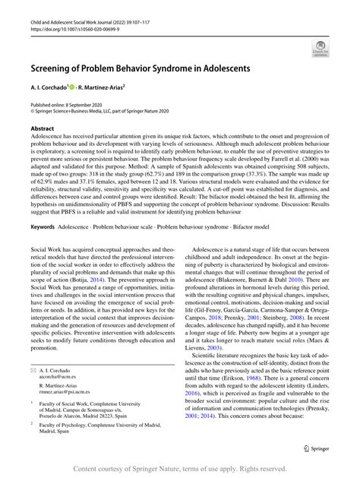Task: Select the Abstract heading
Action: point(43,130)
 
